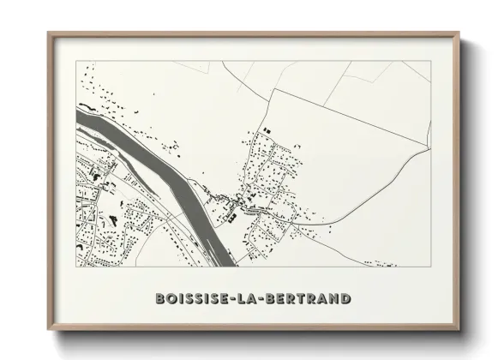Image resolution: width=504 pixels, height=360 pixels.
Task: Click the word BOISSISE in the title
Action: pyautogui.click(x=194, y=299)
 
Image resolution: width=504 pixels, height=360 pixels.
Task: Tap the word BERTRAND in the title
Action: pyautogui.click(x=309, y=299)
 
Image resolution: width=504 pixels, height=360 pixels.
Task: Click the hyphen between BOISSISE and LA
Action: pyautogui.click(x=237, y=299)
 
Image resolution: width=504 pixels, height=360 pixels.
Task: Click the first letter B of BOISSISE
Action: pyautogui.click(x=160, y=299)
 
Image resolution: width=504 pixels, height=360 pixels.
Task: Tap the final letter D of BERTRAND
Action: pyautogui.click(x=345, y=299)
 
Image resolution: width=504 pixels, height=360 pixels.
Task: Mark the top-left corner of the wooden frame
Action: pyautogui.click(x=47, y=33)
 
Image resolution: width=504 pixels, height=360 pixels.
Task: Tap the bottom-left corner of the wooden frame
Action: pyautogui.click(x=47, y=329)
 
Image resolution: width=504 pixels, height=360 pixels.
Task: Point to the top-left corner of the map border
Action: pyautogui.click(x=76, y=63)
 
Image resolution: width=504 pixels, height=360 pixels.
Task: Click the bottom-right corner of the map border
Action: pyautogui.click(x=430, y=266)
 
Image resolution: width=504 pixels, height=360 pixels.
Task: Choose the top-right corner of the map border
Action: pyautogui.click(x=430, y=63)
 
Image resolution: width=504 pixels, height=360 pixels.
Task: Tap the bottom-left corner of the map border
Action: pyautogui.click(x=76, y=266)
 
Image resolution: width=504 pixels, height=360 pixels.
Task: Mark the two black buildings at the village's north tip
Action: pyautogui.click(x=266, y=130)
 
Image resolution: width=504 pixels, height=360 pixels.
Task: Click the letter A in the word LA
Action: pyautogui.click(x=256, y=299)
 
